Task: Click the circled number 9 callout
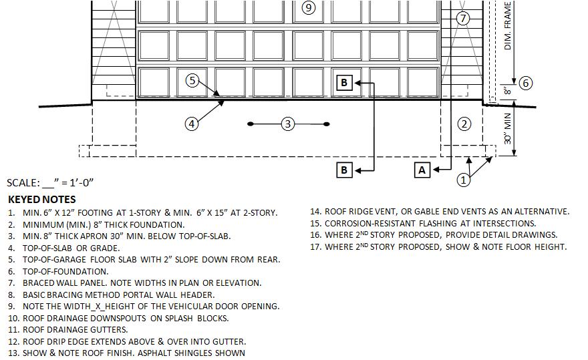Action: [308, 8]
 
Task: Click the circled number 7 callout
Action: [464, 18]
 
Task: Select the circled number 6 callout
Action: [525, 83]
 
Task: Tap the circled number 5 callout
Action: [192, 81]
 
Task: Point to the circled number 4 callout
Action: [192, 124]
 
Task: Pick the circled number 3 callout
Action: [288, 124]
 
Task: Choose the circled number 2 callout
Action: [464, 124]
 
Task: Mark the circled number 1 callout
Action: [464, 179]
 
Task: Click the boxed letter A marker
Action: [422, 170]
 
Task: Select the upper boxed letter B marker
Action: [344, 82]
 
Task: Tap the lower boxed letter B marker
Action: [344, 170]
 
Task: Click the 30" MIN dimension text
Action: [508, 130]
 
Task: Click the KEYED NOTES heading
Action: [41, 199]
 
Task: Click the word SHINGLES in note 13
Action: [222, 353]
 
